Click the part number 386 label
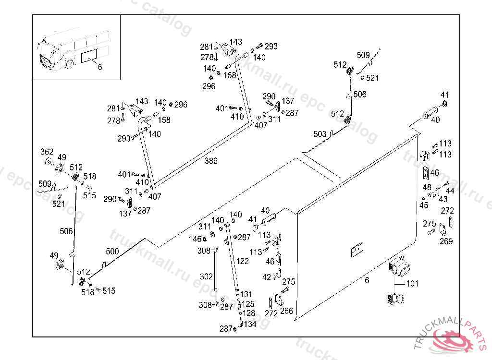pyautogui.click(x=211, y=161)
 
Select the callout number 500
pyautogui.click(x=112, y=251)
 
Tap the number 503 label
pyautogui.click(x=320, y=134)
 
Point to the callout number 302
pyautogui.click(x=206, y=277)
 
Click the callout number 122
pyautogui.click(x=243, y=261)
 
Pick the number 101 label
pyautogui.click(x=412, y=284)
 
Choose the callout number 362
pyautogui.click(x=47, y=152)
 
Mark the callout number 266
pyautogui.click(x=286, y=311)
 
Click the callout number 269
pyautogui.click(x=446, y=241)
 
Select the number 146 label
pyautogui.click(x=195, y=239)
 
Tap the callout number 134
pyautogui.click(x=250, y=324)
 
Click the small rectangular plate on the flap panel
pyautogui.click(x=357, y=250)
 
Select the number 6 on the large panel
pyautogui.click(x=367, y=280)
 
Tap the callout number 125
pyautogui.click(x=248, y=304)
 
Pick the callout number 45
pyautogui.click(x=423, y=205)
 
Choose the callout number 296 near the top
pyautogui.click(x=209, y=86)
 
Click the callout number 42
pyautogui.click(x=267, y=277)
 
